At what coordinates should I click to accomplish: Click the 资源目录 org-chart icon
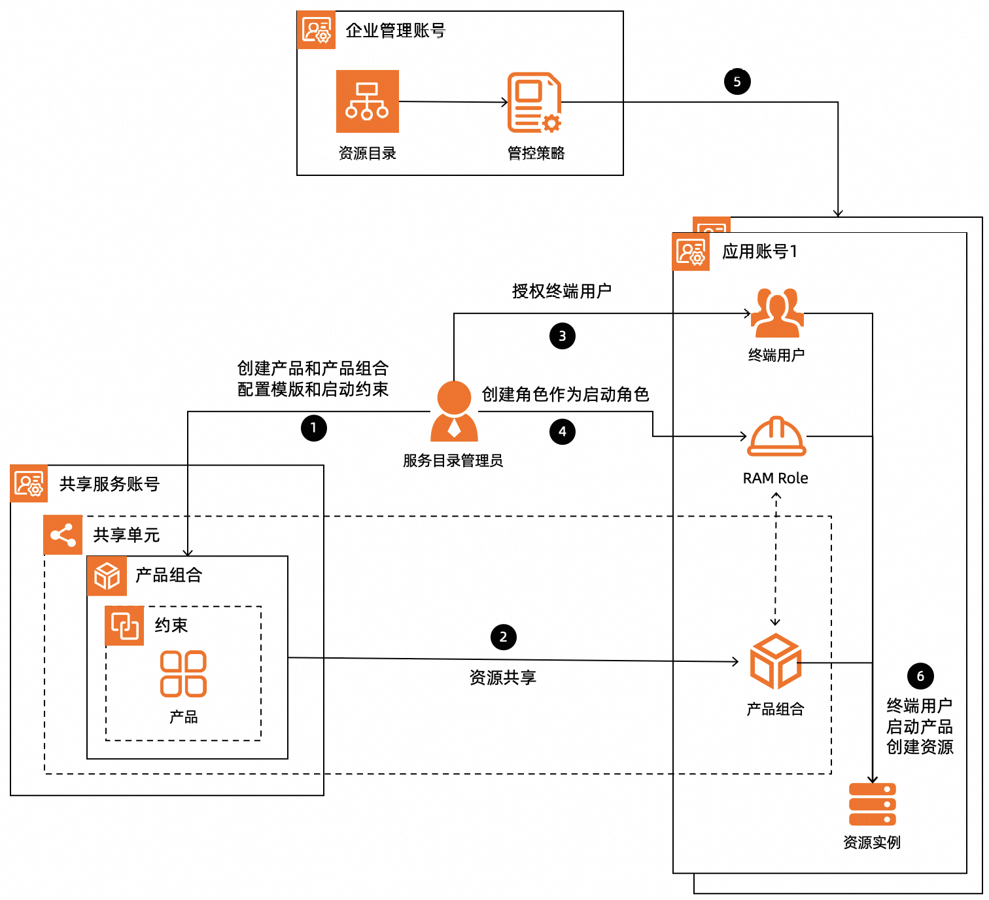click(367, 101)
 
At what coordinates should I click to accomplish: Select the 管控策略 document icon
click(534, 103)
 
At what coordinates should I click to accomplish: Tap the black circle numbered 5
click(737, 82)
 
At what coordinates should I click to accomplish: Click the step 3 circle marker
click(562, 336)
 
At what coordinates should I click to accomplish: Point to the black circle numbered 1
click(313, 428)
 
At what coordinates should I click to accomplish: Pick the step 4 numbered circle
click(562, 432)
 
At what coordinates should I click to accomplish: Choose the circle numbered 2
click(503, 637)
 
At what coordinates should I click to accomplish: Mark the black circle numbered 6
click(920, 676)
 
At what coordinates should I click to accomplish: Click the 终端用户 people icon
click(776, 313)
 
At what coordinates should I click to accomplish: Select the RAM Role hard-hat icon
click(776, 436)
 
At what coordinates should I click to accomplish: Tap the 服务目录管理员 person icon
click(454, 411)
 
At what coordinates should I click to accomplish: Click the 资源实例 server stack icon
click(872, 805)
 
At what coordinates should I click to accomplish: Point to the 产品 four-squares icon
click(184, 674)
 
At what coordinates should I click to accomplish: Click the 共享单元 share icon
click(63, 535)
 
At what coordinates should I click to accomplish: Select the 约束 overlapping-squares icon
click(124, 626)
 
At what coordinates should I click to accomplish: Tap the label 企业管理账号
click(395, 31)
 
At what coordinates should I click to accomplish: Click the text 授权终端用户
click(561, 291)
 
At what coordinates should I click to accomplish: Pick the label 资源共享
click(502, 678)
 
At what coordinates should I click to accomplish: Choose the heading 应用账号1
click(759, 252)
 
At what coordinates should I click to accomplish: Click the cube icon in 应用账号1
click(775, 661)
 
